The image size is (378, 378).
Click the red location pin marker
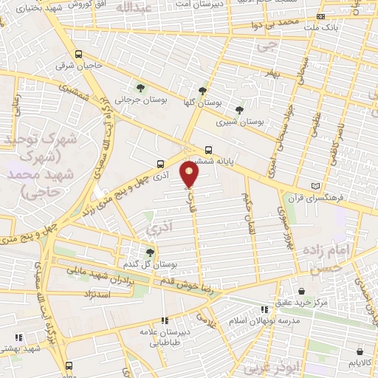(190, 174)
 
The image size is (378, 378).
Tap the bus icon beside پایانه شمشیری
(209, 148)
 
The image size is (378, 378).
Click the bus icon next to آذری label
(161, 164)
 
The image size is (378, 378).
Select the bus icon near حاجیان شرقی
(78, 54)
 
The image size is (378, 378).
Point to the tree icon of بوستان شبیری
(238, 109)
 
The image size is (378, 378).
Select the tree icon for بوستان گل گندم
(150, 252)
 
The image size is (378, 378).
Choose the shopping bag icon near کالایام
(360, 351)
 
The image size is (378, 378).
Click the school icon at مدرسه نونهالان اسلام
(264, 309)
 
